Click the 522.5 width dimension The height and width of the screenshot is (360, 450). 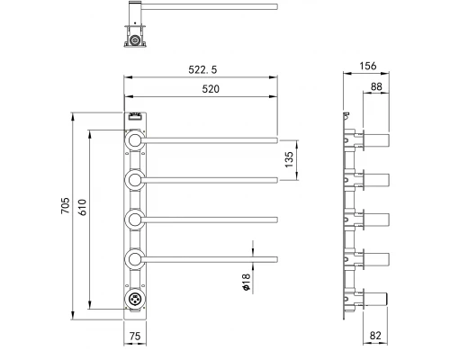[202, 69]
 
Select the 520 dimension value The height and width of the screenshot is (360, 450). [211, 89]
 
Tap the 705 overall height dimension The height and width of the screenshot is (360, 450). [66, 205]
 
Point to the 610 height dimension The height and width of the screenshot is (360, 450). [82, 207]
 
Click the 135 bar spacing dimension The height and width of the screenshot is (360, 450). [289, 159]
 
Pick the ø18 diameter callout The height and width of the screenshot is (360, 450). [246, 282]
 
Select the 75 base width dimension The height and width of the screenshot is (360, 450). [135, 336]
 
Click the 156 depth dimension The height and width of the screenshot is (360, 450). [368, 66]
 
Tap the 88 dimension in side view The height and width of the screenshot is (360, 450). [376, 86]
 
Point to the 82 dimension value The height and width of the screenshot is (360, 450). [375, 336]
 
